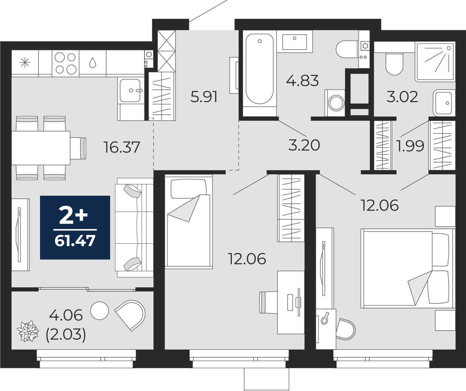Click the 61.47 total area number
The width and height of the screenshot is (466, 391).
pos(75,241)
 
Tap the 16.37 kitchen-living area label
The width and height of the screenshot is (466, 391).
pos(122,147)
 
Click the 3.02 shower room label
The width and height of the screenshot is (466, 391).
pos(402,97)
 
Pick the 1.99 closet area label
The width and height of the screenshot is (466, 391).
pos(410,146)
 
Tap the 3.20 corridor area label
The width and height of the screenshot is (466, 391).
pos(304,145)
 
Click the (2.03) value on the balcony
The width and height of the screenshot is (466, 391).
pos(66,335)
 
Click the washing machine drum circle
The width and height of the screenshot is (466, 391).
pos(336,103)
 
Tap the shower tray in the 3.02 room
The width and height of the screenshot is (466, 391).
pos(435,62)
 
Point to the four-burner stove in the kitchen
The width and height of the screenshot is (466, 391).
pos(66,63)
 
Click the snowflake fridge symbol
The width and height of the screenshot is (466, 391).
pos(25,63)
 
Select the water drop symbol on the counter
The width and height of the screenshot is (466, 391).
pos(92,63)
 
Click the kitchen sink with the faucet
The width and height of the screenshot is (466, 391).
pos(130,91)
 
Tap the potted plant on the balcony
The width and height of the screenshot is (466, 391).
pos(28,331)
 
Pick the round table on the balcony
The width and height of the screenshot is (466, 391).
pos(100,311)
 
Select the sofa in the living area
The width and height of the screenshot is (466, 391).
pos(134,227)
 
